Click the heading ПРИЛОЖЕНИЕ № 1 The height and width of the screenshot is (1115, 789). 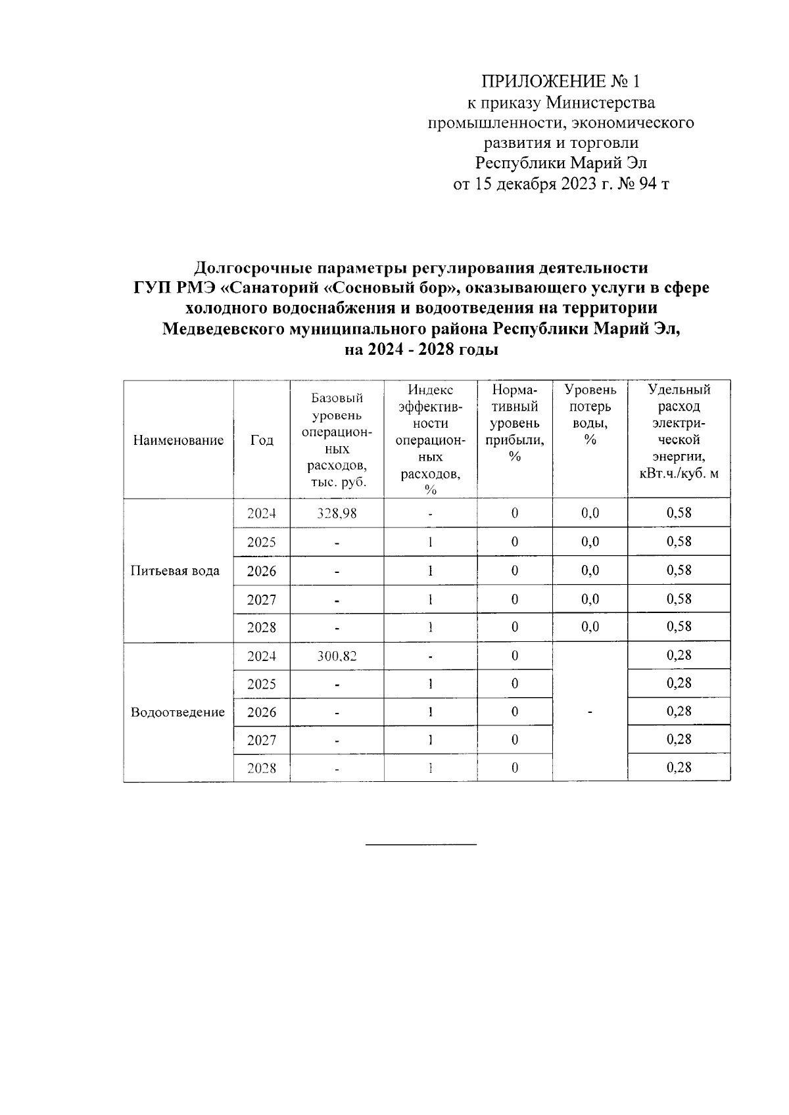(560, 81)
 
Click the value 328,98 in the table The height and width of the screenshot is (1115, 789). (337, 513)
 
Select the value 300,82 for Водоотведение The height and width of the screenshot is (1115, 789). (337, 656)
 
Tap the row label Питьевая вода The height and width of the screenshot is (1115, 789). (176, 570)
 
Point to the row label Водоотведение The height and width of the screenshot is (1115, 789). (178, 712)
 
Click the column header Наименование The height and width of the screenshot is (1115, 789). (178, 440)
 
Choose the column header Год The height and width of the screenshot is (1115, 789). (262, 440)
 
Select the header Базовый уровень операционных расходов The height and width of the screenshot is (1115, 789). (337, 440)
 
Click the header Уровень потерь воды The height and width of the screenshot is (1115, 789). (590, 415)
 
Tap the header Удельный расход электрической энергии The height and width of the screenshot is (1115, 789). (679, 432)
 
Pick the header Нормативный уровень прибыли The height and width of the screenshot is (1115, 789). (514, 423)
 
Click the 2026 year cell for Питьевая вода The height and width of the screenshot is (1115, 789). (262, 571)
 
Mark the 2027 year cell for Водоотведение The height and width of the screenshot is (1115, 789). (262, 740)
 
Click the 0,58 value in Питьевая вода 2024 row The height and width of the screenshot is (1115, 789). (679, 512)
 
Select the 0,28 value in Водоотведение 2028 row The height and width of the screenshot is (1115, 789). (679, 767)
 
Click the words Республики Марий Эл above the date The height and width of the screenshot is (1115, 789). (561, 163)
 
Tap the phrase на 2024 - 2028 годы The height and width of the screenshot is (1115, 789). (421, 350)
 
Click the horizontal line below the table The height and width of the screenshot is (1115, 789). (421, 844)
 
